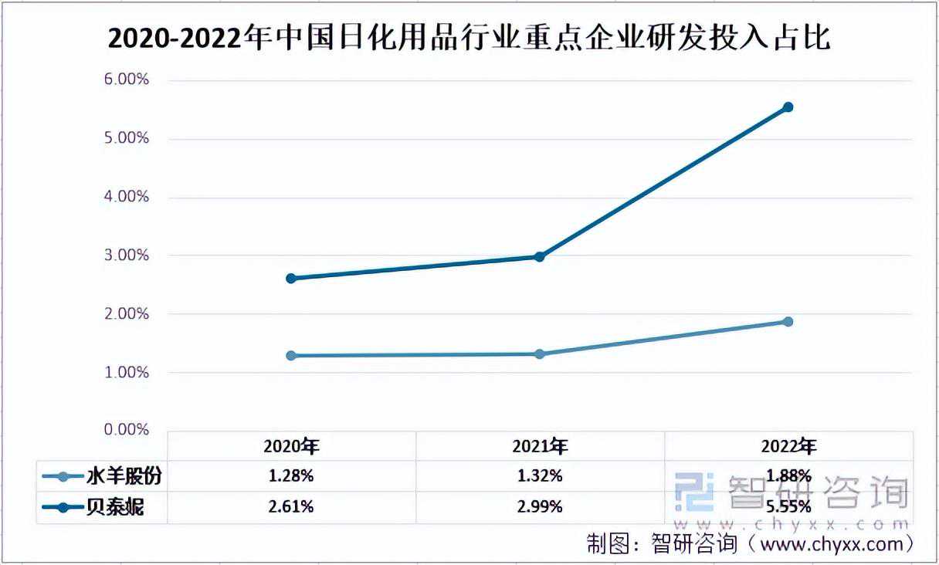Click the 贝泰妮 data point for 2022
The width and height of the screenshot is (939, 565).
(x=788, y=107)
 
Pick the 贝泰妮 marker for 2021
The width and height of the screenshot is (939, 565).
(x=540, y=256)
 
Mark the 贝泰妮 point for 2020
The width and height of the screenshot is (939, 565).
(x=291, y=278)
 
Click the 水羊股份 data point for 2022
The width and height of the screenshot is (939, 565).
(x=788, y=321)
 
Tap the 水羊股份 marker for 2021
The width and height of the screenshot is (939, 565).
(x=540, y=354)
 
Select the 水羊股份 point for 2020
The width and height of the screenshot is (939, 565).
(x=291, y=356)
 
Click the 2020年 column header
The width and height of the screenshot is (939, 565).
(x=291, y=446)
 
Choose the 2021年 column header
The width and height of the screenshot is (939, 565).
(x=540, y=446)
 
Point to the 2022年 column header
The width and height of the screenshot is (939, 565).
(x=788, y=446)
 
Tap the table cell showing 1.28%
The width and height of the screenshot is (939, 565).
(x=291, y=476)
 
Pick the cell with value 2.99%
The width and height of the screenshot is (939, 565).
(x=540, y=507)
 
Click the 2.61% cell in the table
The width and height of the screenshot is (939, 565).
(x=291, y=507)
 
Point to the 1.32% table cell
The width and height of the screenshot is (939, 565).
(x=540, y=476)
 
